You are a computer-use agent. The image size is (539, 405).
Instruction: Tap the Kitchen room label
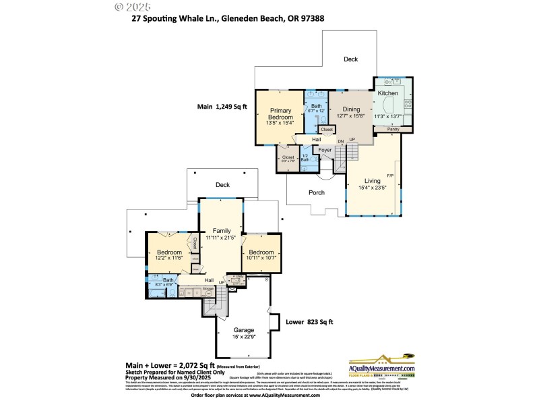click(387, 92)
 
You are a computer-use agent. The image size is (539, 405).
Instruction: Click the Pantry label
click(393, 129)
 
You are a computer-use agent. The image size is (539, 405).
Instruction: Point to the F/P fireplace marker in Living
click(390, 176)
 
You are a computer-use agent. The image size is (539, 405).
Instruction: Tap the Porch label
click(316, 192)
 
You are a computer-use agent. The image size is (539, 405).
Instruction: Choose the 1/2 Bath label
click(305, 158)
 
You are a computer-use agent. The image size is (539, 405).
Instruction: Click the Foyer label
click(325, 149)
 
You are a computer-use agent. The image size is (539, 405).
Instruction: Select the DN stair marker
click(341, 140)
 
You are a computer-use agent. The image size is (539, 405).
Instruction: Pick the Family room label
click(221, 231)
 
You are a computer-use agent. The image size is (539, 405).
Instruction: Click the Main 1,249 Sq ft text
click(222, 107)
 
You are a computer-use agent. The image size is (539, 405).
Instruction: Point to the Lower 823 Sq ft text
click(309, 323)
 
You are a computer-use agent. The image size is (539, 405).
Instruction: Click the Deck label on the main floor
click(350, 59)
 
